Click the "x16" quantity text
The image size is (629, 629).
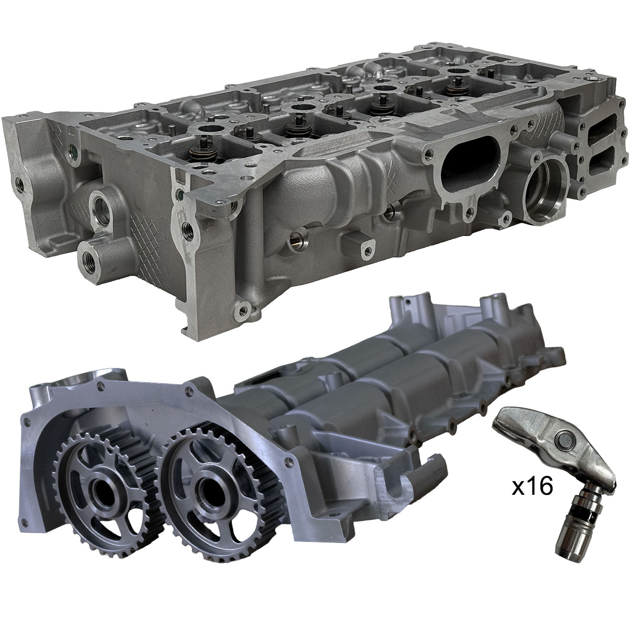[x=532, y=487]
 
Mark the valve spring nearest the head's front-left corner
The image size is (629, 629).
[x=204, y=146]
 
